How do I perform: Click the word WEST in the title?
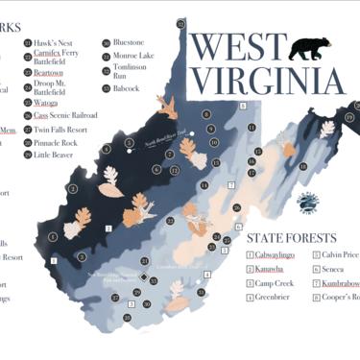pos(237,48)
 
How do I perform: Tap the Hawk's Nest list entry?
pos(53,42)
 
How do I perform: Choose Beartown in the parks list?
pos(48,72)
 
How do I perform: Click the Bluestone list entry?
pos(129,42)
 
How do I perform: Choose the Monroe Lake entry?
pos(132,56)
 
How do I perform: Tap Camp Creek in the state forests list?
pos(275,284)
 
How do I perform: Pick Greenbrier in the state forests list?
pos(274,299)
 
